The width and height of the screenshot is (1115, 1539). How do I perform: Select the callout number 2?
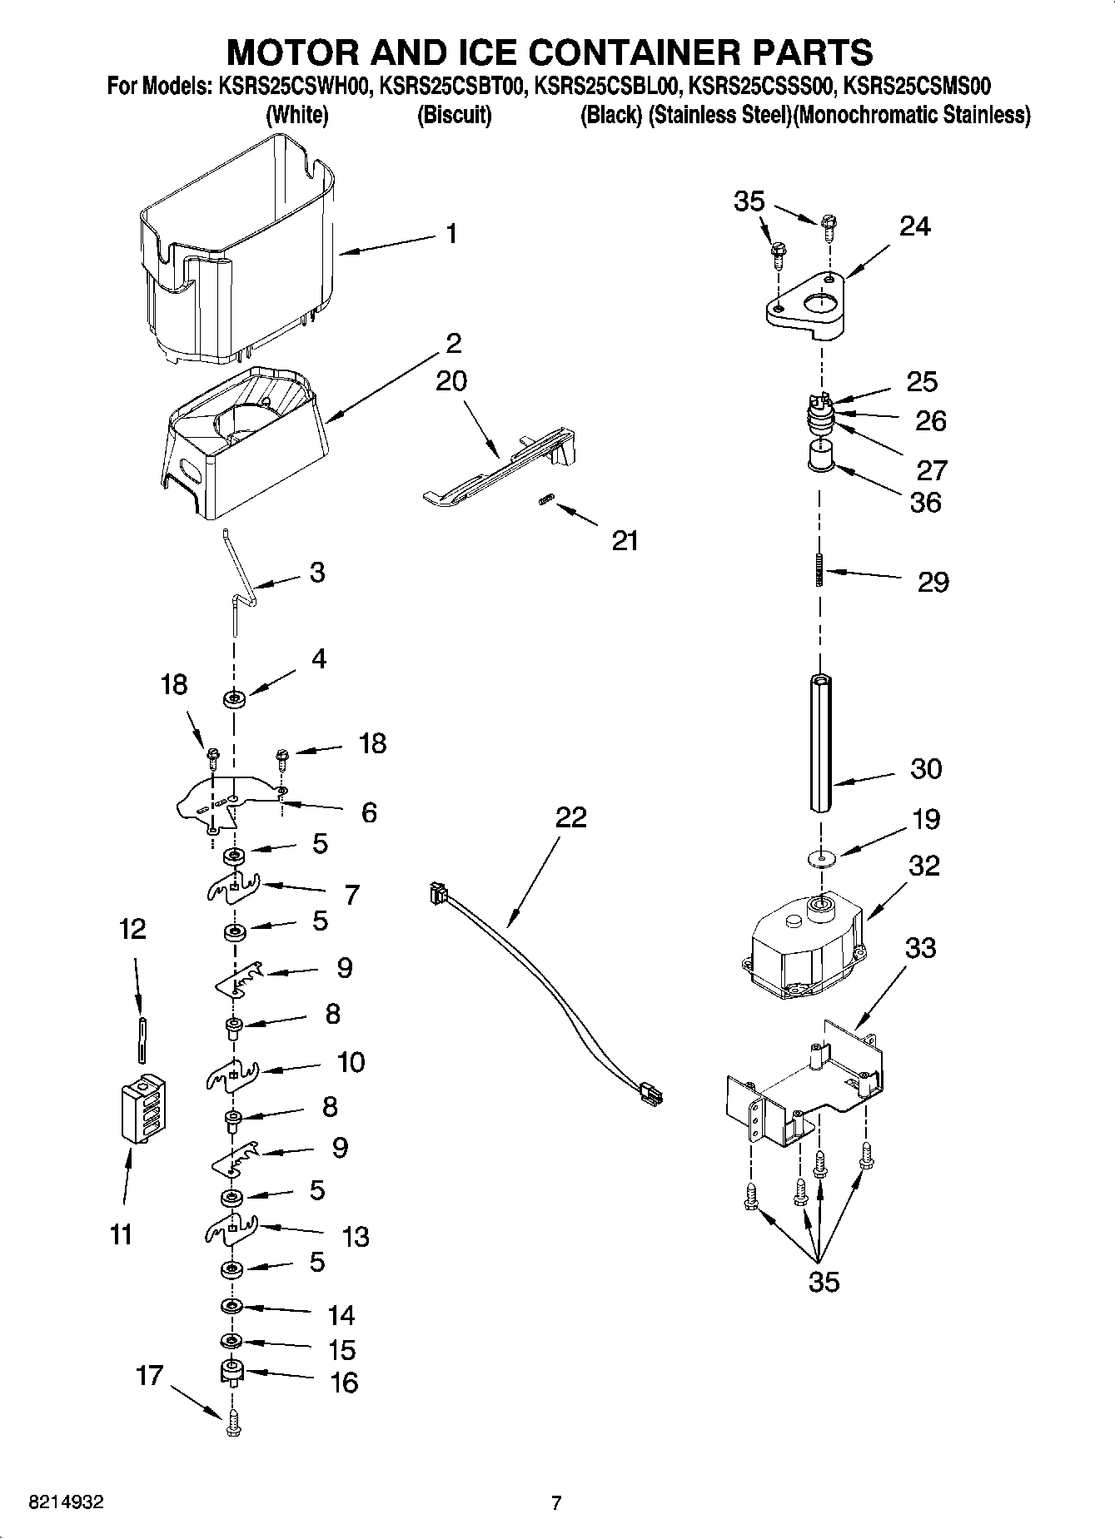pyautogui.click(x=454, y=343)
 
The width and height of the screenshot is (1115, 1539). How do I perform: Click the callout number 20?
pyautogui.click(x=451, y=381)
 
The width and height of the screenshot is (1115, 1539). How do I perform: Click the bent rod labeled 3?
pyautogui.click(x=239, y=587)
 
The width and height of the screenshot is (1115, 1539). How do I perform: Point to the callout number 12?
pyautogui.click(x=132, y=929)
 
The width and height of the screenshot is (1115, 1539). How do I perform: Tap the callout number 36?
pyautogui.click(x=925, y=502)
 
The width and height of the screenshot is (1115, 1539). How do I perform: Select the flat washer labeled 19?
pyautogui.click(x=821, y=856)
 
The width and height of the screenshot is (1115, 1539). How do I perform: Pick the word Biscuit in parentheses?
pyautogui.click(x=454, y=115)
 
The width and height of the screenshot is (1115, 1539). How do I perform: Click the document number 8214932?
pyautogui.click(x=66, y=1503)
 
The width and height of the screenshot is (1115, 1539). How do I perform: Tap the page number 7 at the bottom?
pyautogui.click(x=556, y=1503)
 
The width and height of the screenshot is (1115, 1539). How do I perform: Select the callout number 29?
pyautogui.click(x=933, y=582)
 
